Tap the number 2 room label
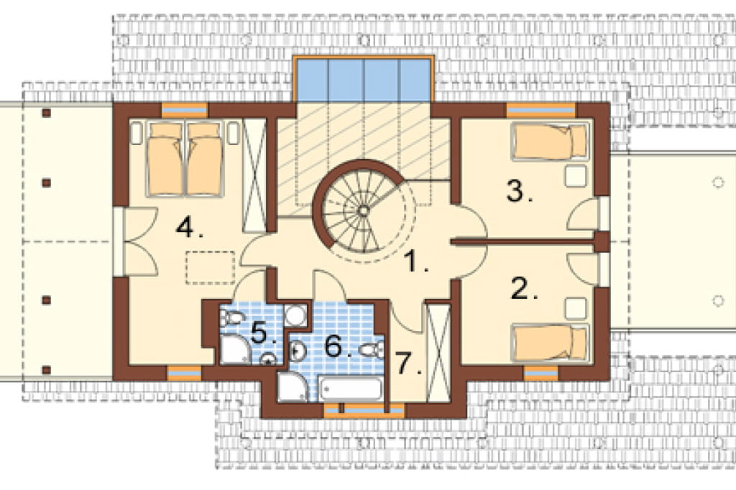[x=524, y=289]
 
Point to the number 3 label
[x=520, y=190]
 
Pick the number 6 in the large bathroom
[x=338, y=346]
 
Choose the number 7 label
[x=408, y=364]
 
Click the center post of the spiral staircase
[x=363, y=211]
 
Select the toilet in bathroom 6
[x=372, y=350]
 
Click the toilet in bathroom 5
[x=231, y=318]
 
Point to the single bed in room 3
[x=549, y=141]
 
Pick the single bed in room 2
[x=549, y=343]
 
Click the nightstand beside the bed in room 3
[x=576, y=175]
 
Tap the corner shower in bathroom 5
[x=235, y=349]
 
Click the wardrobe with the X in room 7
[x=438, y=353]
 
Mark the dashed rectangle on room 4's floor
[x=211, y=267]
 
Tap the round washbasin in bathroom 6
[x=298, y=350]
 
